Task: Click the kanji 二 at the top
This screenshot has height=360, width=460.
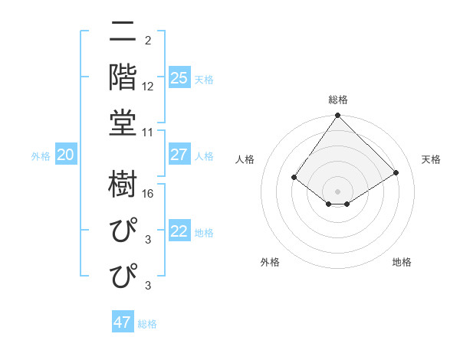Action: coord(123,32)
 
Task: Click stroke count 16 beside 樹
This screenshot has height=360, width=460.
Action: coord(148,194)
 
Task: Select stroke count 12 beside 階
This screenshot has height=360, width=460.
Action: coord(148,86)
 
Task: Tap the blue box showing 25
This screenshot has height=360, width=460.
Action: coord(179,78)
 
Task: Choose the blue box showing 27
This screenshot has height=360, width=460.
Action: coord(179,155)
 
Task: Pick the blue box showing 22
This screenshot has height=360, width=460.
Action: coord(179,231)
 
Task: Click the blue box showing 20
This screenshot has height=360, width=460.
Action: coord(65,155)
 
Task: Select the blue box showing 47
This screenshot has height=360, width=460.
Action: coord(123,322)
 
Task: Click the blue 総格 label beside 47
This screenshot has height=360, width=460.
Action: coord(147,324)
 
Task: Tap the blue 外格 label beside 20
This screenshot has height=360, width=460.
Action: coord(41,156)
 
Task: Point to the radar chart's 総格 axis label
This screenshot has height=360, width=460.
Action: coord(338,100)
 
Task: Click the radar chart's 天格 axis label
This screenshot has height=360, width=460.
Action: coord(431,159)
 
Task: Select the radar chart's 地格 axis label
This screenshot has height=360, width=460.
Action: coord(402,262)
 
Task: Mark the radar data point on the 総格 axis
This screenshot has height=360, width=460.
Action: coord(338,116)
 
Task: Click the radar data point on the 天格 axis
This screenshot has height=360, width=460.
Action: coord(396,172)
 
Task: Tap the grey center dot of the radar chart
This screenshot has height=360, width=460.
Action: coord(338,191)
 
